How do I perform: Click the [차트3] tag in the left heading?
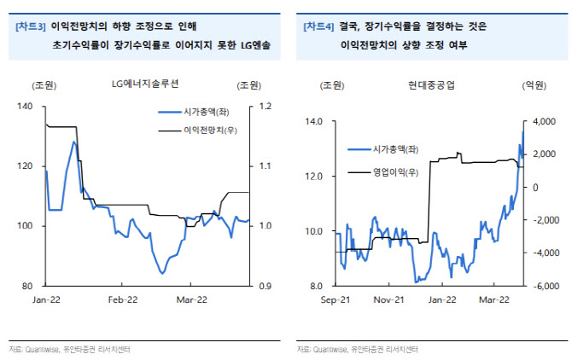tap(31, 26)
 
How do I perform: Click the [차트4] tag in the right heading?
tap(318, 26)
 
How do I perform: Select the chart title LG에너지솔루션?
tap(145, 84)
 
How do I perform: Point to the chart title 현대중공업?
tap(431, 85)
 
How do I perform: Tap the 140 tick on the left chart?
tap(25, 107)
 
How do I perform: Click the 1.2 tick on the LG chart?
tap(266, 106)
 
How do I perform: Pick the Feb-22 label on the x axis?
tap(123, 300)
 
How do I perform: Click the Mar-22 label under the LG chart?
tap(191, 300)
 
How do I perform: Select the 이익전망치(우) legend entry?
tap(211, 131)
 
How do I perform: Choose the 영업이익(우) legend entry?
tap(395, 172)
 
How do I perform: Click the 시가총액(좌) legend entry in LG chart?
tap(207, 112)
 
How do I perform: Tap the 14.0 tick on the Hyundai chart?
tap(313, 121)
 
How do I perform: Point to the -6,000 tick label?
tap(546, 286)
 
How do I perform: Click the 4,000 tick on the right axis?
tap(545, 121)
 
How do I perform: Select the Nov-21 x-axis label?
tap(388, 300)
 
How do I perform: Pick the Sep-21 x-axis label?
tap(336, 300)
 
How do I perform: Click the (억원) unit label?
tap(534, 85)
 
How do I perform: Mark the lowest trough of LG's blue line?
tap(162, 273)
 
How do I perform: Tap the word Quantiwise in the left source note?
tap(43, 350)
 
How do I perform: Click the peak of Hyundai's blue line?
tap(522, 132)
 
